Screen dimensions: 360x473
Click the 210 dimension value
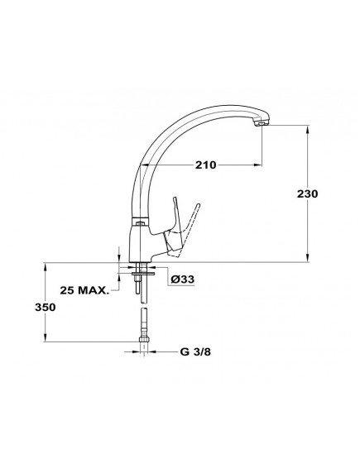tap(205, 165)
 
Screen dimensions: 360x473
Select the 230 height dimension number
tap(308, 193)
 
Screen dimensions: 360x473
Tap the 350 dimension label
tap(46, 308)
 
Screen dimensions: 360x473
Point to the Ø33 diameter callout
tap(183, 279)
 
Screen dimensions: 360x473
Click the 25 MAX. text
tap(84, 290)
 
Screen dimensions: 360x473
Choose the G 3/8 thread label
tap(195, 351)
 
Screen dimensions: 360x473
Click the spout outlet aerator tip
tap(262, 124)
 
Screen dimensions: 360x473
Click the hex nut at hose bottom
tap(144, 338)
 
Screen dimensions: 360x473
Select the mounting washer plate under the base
tap(143, 274)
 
